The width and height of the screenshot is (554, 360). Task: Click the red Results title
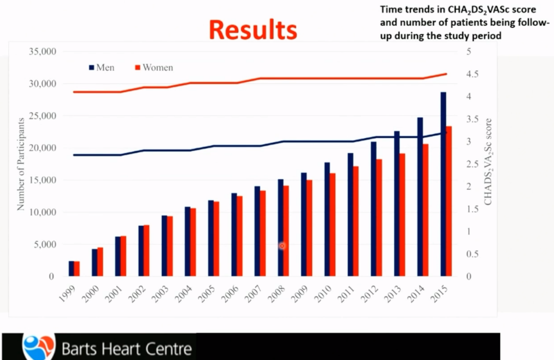[x=253, y=30]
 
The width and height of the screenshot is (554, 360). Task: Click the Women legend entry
[x=154, y=68]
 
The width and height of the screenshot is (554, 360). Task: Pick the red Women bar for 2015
[x=449, y=201]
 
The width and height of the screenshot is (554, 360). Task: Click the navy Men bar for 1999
[x=71, y=269]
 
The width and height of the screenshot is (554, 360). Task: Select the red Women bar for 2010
[x=333, y=225]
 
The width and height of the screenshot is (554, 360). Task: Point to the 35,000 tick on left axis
[x=42, y=52]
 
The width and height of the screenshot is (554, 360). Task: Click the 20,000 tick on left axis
[x=42, y=148]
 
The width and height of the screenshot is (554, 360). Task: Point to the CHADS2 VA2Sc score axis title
[x=488, y=162]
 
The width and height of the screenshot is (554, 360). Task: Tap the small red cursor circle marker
[x=282, y=246]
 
